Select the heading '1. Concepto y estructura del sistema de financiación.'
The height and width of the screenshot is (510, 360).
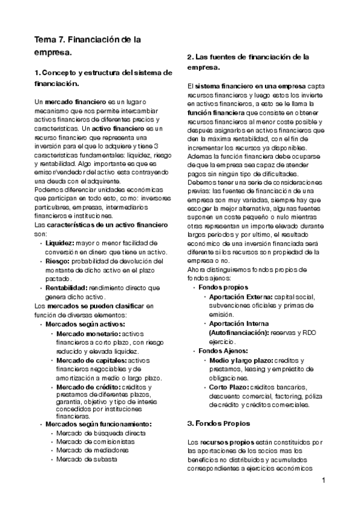pos(103,78)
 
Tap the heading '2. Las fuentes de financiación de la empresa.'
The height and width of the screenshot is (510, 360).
pos(248,62)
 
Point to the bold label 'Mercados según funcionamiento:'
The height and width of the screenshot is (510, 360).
pos(99,423)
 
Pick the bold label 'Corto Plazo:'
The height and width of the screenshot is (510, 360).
pos(228,387)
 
